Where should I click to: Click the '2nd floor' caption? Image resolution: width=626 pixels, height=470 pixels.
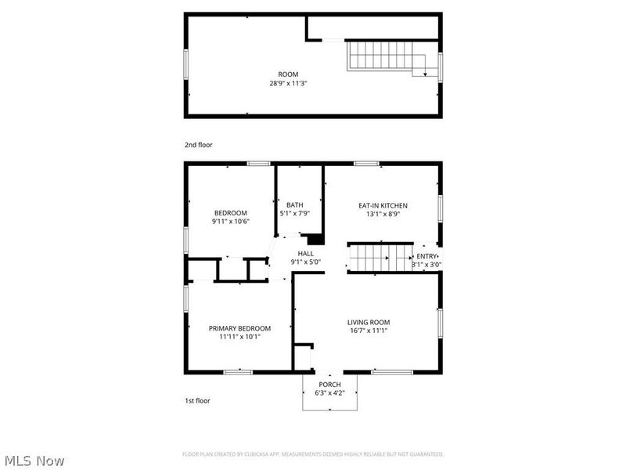coord(198,145)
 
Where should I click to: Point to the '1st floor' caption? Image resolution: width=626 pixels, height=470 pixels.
coord(196,400)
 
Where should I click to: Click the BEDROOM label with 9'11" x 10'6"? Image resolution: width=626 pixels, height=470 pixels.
coord(231,213)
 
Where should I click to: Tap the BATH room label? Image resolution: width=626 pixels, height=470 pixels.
coord(294,205)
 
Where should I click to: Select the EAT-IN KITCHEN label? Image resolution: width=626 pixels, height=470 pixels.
coord(383,205)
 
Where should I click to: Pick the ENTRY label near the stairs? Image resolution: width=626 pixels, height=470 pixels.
coord(427,256)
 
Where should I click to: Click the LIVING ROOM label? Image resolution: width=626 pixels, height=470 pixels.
coord(369,322)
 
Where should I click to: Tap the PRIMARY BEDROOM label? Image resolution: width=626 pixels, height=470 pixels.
coord(239,328)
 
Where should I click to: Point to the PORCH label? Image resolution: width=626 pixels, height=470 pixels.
coord(329,384)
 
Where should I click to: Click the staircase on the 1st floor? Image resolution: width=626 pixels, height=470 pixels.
coord(380,256)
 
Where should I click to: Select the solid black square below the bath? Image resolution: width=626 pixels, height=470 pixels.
coord(315,240)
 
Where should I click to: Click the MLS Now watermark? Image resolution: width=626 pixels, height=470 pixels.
coord(34,461)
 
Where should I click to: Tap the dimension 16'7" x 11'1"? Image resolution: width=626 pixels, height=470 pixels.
coord(369,331)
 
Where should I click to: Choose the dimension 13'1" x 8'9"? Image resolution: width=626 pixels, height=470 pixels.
coord(383,214)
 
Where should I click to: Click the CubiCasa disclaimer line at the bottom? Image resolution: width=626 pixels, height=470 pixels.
coord(313,454)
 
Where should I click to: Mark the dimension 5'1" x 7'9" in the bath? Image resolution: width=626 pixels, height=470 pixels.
coord(294,214)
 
